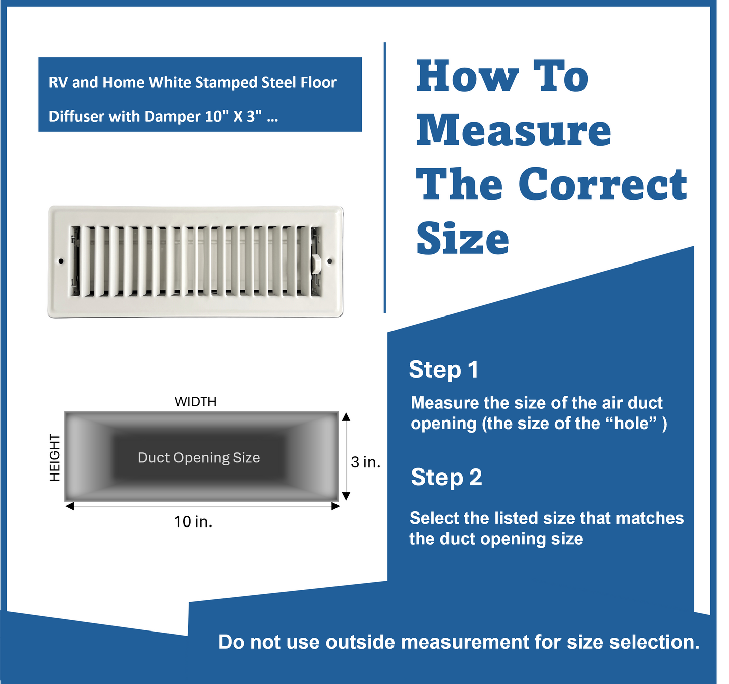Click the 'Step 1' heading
click(443, 370)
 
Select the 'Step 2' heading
click(446, 477)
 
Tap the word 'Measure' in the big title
click(513, 130)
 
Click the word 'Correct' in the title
click(602, 184)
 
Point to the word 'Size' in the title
click(463, 239)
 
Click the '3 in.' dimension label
click(365, 462)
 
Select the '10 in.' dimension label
click(193, 521)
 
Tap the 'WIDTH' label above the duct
click(195, 402)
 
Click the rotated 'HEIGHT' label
click(54, 457)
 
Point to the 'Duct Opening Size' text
click(199, 458)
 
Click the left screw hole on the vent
click(61, 261)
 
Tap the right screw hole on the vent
click(330, 261)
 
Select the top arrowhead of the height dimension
click(346, 416)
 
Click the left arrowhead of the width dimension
click(70, 506)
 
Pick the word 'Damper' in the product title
click(173, 117)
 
